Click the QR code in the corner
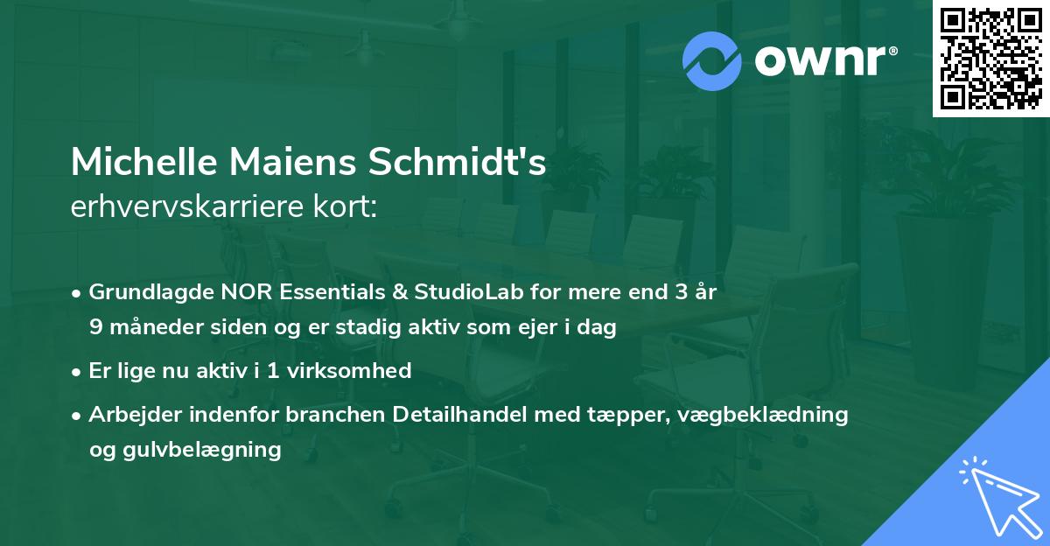tap(990, 59)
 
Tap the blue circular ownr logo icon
tap(713, 61)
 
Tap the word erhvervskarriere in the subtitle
tap(192, 206)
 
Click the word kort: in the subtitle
tap(347, 206)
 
